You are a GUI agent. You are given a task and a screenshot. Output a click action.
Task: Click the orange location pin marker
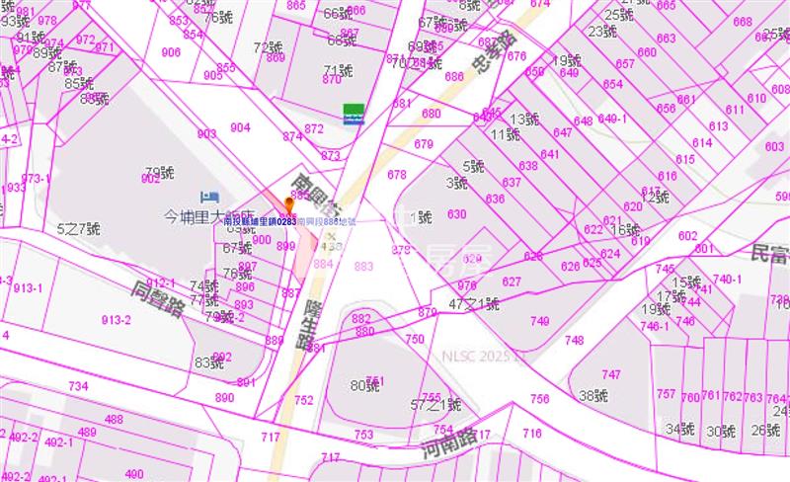click(289, 205)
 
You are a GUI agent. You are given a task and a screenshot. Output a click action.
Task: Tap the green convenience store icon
click(353, 113)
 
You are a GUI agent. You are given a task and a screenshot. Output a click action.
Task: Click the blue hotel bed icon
click(206, 196)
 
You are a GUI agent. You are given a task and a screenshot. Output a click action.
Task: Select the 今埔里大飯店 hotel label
click(208, 214)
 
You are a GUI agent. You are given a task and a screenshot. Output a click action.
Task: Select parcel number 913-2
click(117, 319)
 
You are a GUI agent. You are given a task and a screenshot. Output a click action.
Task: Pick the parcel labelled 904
click(240, 127)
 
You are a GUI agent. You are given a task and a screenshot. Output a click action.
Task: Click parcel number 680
click(432, 114)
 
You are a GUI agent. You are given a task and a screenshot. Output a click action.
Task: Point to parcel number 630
click(456, 214)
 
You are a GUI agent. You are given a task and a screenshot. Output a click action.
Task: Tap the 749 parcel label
click(539, 321)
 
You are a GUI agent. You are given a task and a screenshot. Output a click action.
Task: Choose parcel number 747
click(611, 374)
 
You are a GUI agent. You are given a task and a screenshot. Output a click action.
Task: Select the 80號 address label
click(365, 385)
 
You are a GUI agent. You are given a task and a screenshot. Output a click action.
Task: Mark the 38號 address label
click(592, 396)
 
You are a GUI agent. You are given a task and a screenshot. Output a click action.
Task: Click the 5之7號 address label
click(79, 229)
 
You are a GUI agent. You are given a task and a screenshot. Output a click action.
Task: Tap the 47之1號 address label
click(474, 304)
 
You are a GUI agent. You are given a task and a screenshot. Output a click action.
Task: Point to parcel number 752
click(303, 400)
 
